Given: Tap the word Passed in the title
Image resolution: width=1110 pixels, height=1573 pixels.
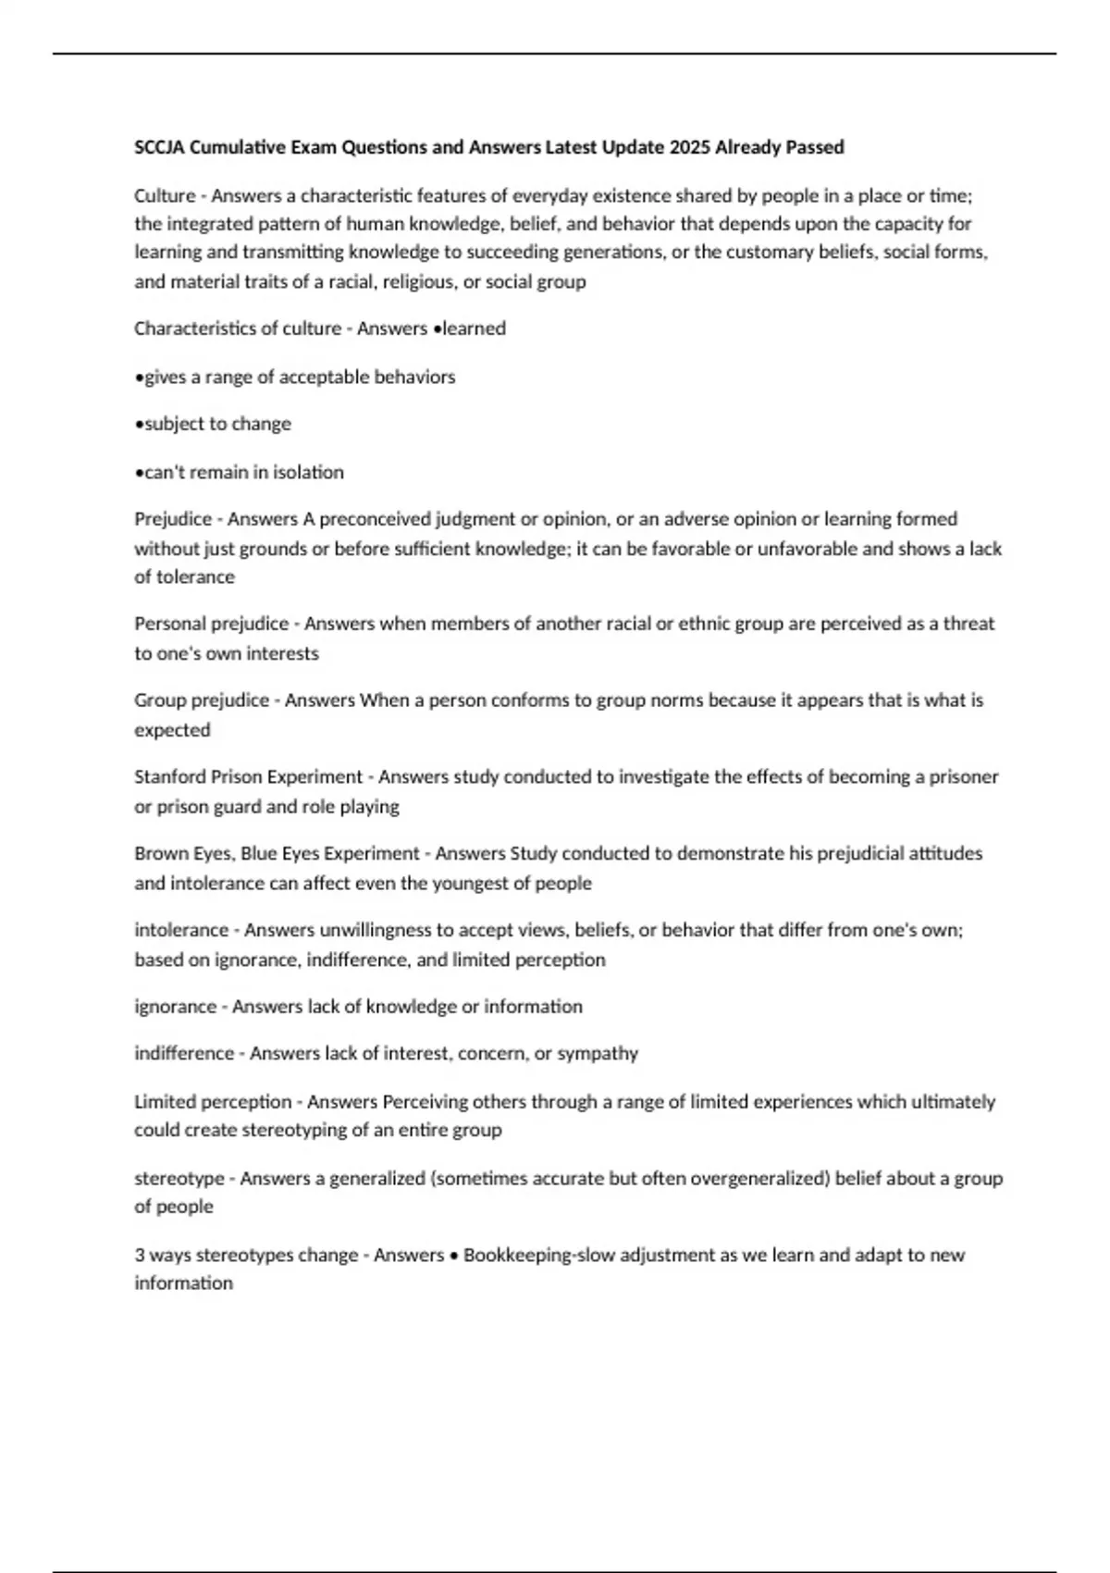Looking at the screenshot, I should [813, 147].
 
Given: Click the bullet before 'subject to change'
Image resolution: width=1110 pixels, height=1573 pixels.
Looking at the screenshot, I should [139, 425].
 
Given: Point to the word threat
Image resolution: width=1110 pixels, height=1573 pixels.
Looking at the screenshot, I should [968, 624].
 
